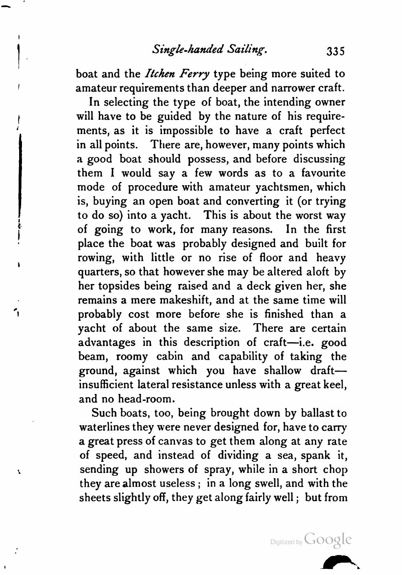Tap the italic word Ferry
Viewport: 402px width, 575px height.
(196, 74)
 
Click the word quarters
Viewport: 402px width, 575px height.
(94, 272)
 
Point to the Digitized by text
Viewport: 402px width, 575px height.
(287, 542)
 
